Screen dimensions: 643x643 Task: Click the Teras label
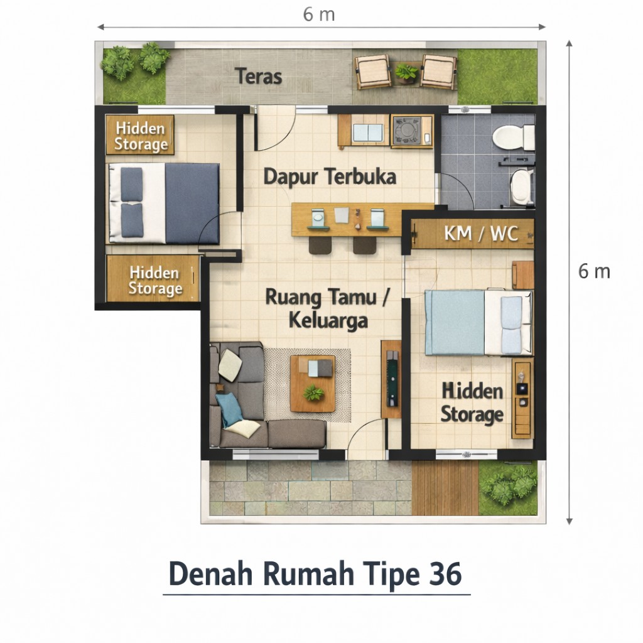259,77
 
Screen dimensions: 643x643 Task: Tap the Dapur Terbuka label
330,177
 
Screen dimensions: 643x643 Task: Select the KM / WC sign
481,234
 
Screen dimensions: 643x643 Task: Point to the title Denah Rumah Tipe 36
316,573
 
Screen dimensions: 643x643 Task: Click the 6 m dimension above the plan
319,15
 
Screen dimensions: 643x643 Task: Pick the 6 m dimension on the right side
594,271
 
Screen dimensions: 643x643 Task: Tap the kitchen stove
411,131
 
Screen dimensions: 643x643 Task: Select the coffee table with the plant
313,383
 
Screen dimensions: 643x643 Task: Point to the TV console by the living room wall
391,379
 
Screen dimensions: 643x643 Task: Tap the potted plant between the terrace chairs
406,73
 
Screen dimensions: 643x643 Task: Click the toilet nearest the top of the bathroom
512,137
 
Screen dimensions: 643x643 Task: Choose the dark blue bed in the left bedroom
165,203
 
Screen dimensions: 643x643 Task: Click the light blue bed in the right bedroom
478,322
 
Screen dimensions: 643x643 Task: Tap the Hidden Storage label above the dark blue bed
141,136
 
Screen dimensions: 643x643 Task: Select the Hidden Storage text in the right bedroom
472,403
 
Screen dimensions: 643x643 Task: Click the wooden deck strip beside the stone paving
445,488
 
